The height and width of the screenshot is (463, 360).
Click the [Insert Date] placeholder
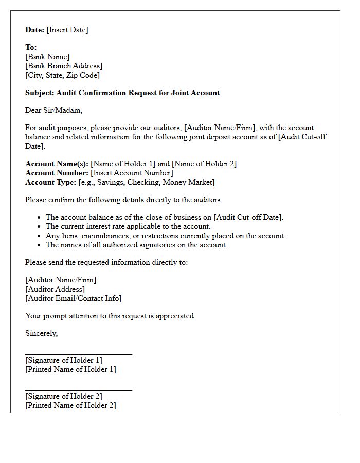coord(67,30)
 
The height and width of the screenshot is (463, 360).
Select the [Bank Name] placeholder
coord(47,57)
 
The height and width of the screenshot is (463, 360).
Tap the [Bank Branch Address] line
coord(64,66)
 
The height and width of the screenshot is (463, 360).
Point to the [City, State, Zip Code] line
coord(62,75)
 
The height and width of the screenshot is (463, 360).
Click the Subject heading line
coord(122,93)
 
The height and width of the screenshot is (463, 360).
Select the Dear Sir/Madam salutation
coord(53,110)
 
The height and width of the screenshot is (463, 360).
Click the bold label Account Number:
coord(57,173)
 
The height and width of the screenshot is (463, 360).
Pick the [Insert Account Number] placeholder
coord(132,173)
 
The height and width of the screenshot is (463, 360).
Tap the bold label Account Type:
coord(50,182)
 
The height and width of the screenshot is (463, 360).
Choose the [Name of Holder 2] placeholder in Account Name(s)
coord(204,164)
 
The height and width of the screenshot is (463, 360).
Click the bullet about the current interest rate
coord(128,226)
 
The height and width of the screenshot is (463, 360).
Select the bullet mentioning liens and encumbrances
coord(165,236)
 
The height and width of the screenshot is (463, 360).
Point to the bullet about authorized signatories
coord(136,245)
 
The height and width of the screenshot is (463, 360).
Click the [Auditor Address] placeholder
coord(55,289)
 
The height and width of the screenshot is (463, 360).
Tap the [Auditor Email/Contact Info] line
coord(73,298)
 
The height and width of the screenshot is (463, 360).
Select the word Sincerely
coord(41,333)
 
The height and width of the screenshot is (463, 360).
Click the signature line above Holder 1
coord(78,354)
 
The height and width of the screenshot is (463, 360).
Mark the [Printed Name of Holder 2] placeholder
coord(70,405)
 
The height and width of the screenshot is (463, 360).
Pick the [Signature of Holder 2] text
coord(63,396)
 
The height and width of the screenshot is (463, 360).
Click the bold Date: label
coord(34,30)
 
